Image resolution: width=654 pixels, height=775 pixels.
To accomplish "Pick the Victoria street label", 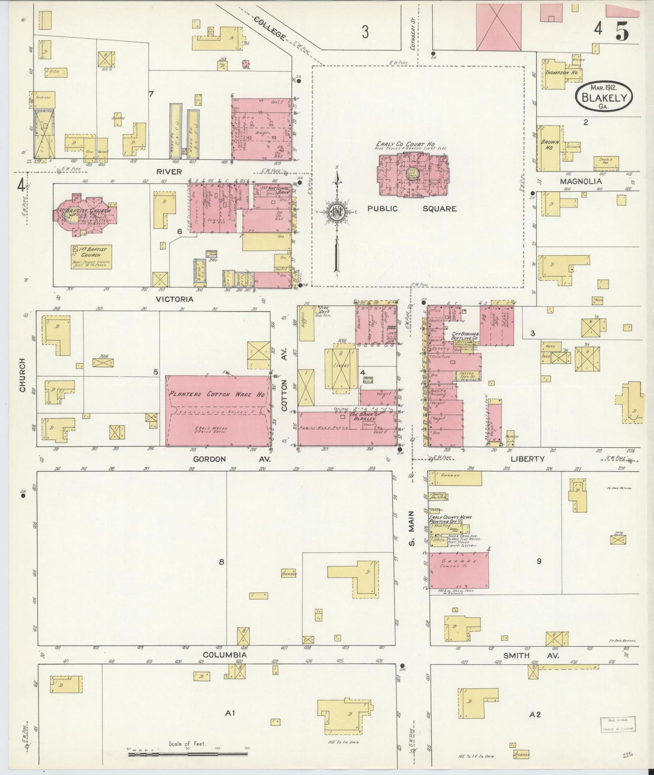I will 174,299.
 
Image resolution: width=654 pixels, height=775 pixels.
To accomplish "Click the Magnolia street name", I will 581,181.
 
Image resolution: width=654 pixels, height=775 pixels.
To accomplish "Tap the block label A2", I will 535,715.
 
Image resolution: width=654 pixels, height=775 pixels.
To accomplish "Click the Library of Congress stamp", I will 618,724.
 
